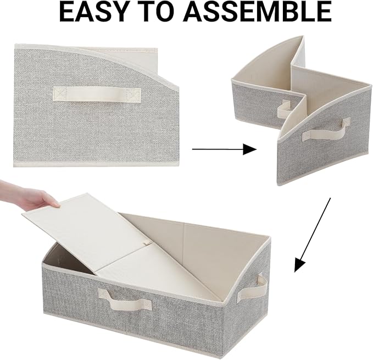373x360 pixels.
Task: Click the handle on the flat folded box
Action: point(97,93)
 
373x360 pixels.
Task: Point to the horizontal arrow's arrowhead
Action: point(250,149)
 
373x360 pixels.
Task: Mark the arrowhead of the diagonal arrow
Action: point(299,265)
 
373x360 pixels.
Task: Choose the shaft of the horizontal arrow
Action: point(217,149)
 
